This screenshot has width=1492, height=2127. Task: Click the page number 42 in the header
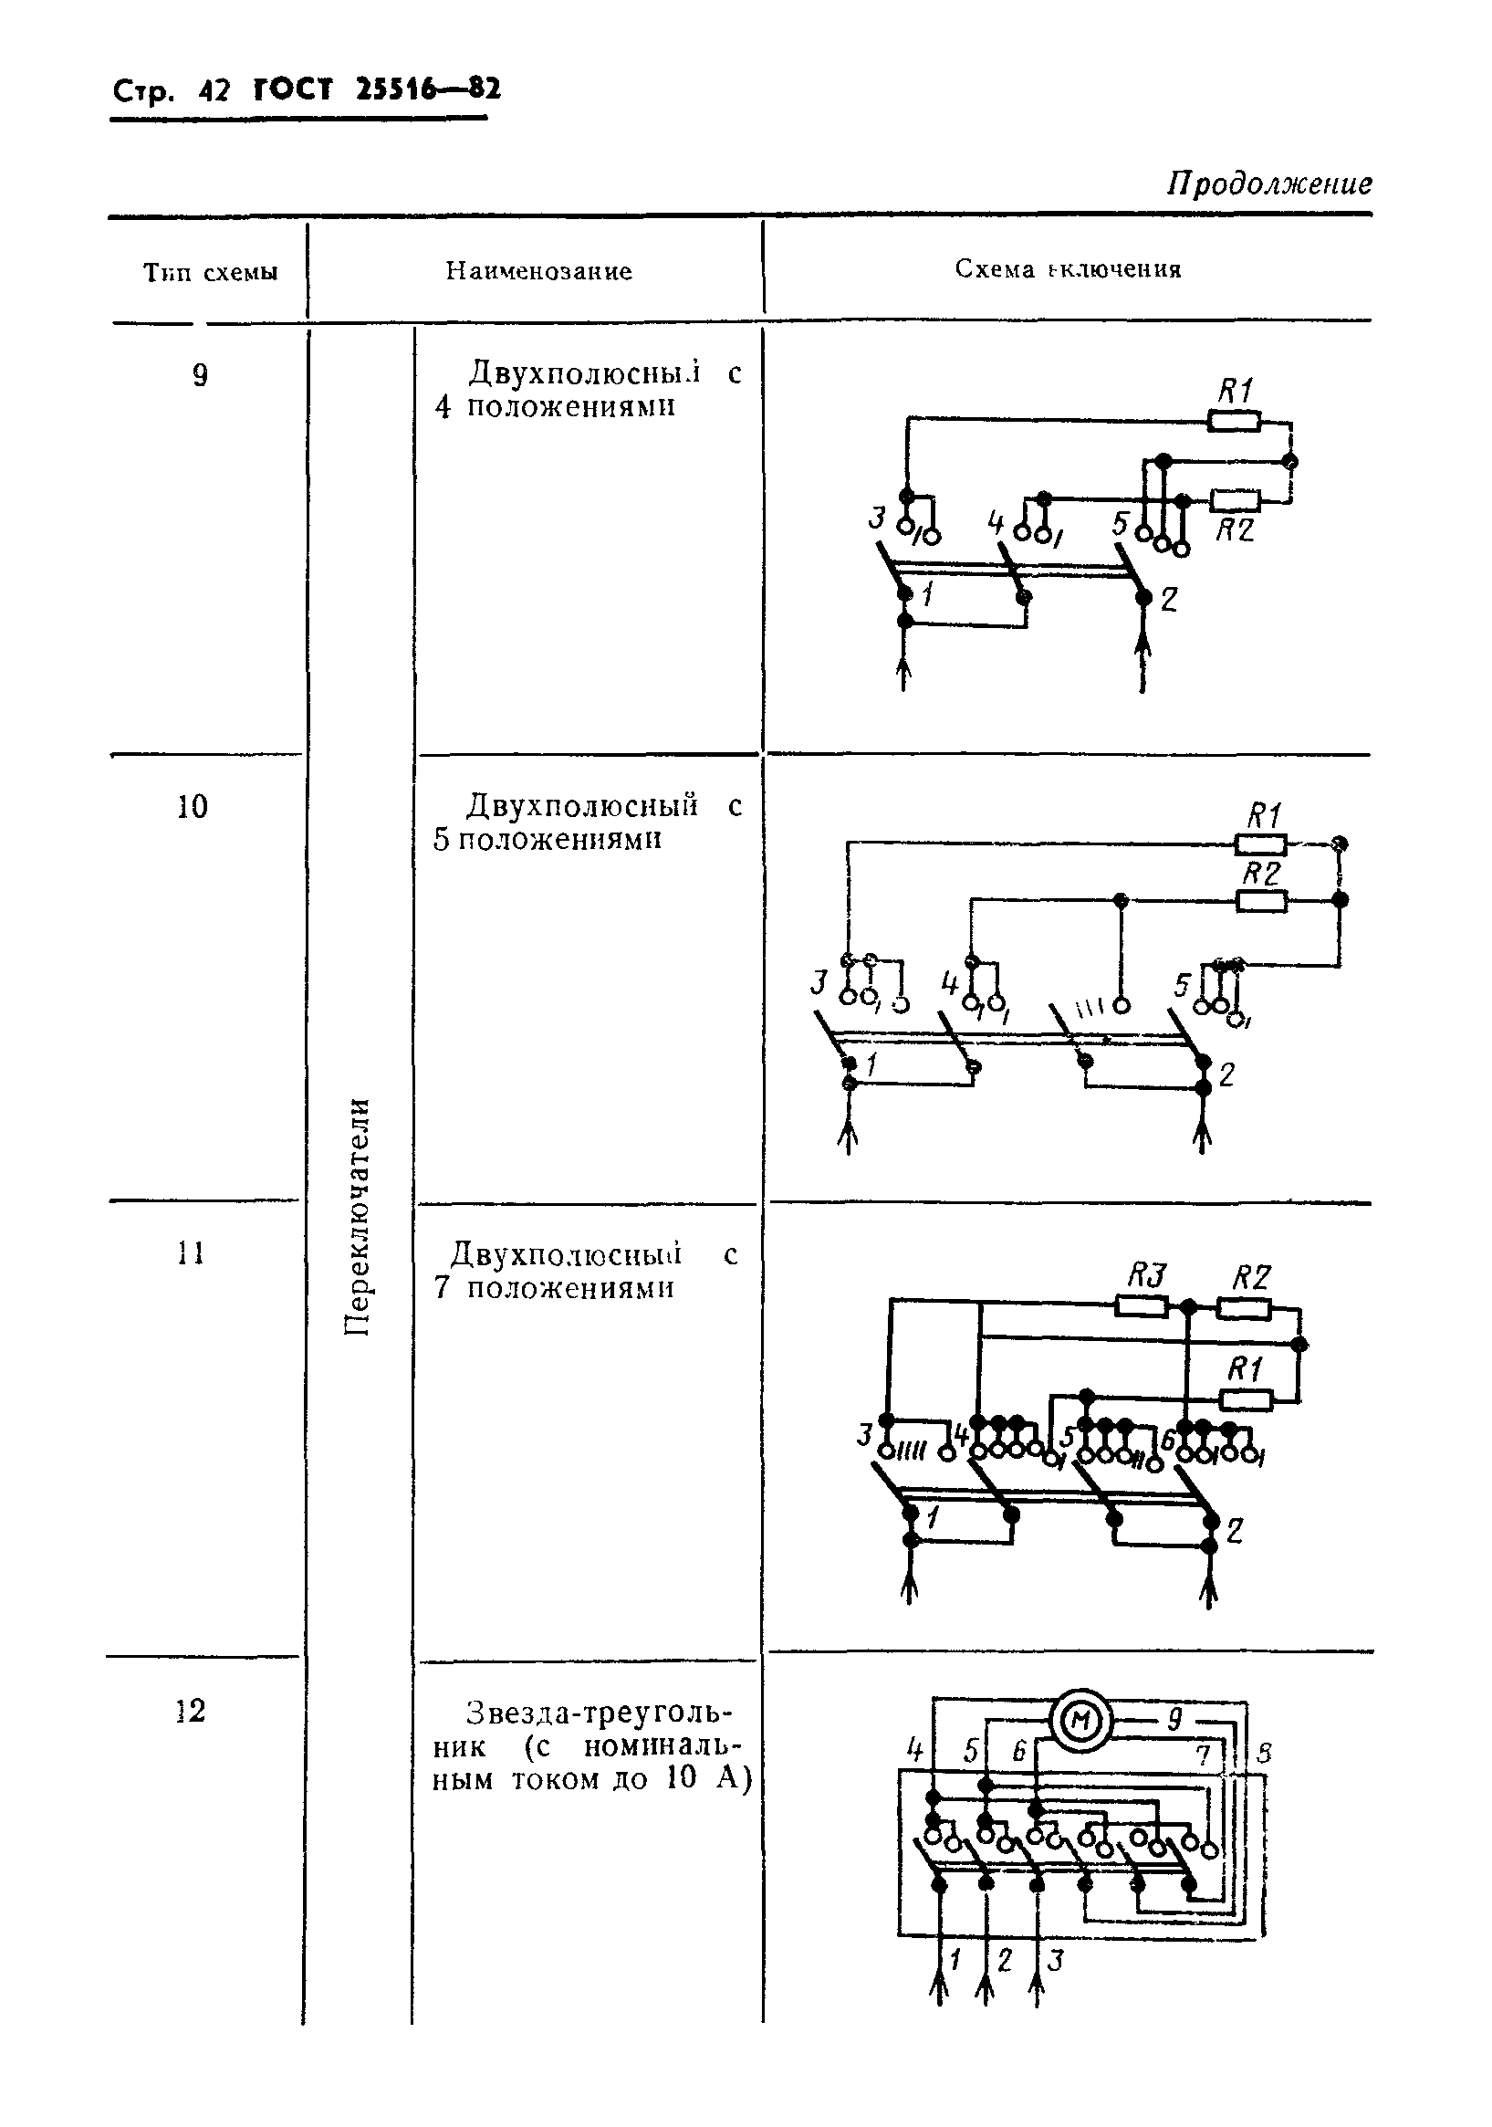coord(213,91)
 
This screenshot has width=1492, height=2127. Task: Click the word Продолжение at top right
coord(1268,183)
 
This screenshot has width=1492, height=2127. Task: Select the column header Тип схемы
coord(210,272)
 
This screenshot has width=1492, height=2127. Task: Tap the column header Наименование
coord(539,271)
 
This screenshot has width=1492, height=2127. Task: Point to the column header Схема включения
coord(1068,269)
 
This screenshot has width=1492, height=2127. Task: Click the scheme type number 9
coord(200,375)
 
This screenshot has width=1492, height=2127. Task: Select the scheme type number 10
coord(193,807)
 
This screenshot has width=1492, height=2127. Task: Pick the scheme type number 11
coord(191,1253)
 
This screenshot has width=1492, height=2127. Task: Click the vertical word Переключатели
coord(358,1216)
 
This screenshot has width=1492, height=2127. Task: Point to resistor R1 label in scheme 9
coord(1236,391)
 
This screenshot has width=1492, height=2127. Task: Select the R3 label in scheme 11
coord(1145,1276)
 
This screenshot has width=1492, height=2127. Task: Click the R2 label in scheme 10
coord(1261,873)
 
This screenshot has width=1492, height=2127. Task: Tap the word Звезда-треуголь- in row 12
coord(599,1712)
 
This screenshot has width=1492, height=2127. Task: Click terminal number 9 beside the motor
coord(1174,1719)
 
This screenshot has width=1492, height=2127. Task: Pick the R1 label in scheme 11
coord(1245,1369)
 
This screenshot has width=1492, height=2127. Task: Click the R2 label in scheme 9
coord(1235,529)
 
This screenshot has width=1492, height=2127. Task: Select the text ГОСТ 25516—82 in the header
coord(377,89)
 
